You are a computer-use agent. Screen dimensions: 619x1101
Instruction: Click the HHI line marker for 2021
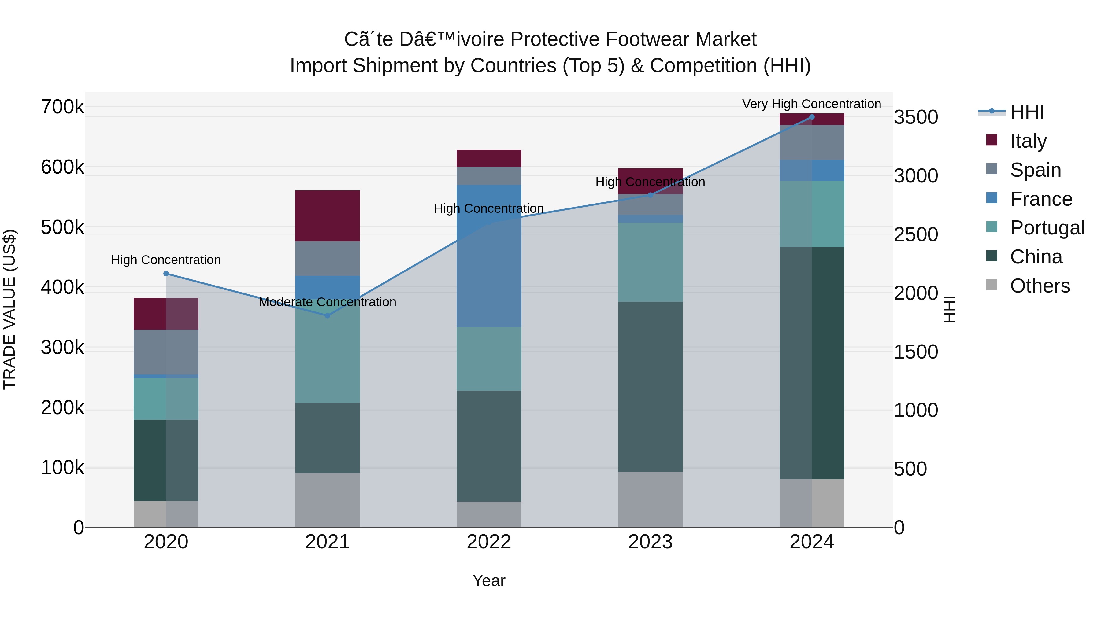(327, 316)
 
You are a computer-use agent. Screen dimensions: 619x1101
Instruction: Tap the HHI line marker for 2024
(812, 117)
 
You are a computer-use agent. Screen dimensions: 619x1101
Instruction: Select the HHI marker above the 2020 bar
(166, 273)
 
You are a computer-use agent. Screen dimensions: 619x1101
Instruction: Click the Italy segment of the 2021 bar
(327, 216)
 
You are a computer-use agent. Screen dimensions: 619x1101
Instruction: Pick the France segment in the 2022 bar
(489, 256)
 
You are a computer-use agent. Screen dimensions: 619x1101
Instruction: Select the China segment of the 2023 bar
(650, 387)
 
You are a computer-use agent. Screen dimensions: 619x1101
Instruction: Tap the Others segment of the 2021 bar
(327, 500)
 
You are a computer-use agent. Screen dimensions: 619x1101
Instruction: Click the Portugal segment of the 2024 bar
(812, 214)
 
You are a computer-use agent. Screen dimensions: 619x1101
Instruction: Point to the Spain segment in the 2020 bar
(166, 352)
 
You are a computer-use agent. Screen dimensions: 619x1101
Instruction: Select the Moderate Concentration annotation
(327, 302)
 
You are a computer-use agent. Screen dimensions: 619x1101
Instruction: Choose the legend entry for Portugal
(1047, 228)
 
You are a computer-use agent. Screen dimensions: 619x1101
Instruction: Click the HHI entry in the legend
(1027, 112)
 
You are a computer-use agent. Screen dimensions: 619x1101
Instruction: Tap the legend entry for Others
(1040, 286)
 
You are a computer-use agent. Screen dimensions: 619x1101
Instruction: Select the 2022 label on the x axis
(489, 542)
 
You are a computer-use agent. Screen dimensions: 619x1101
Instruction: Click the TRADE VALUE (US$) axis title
(10, 309)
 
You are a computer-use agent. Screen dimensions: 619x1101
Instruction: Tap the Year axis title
(489, 580)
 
